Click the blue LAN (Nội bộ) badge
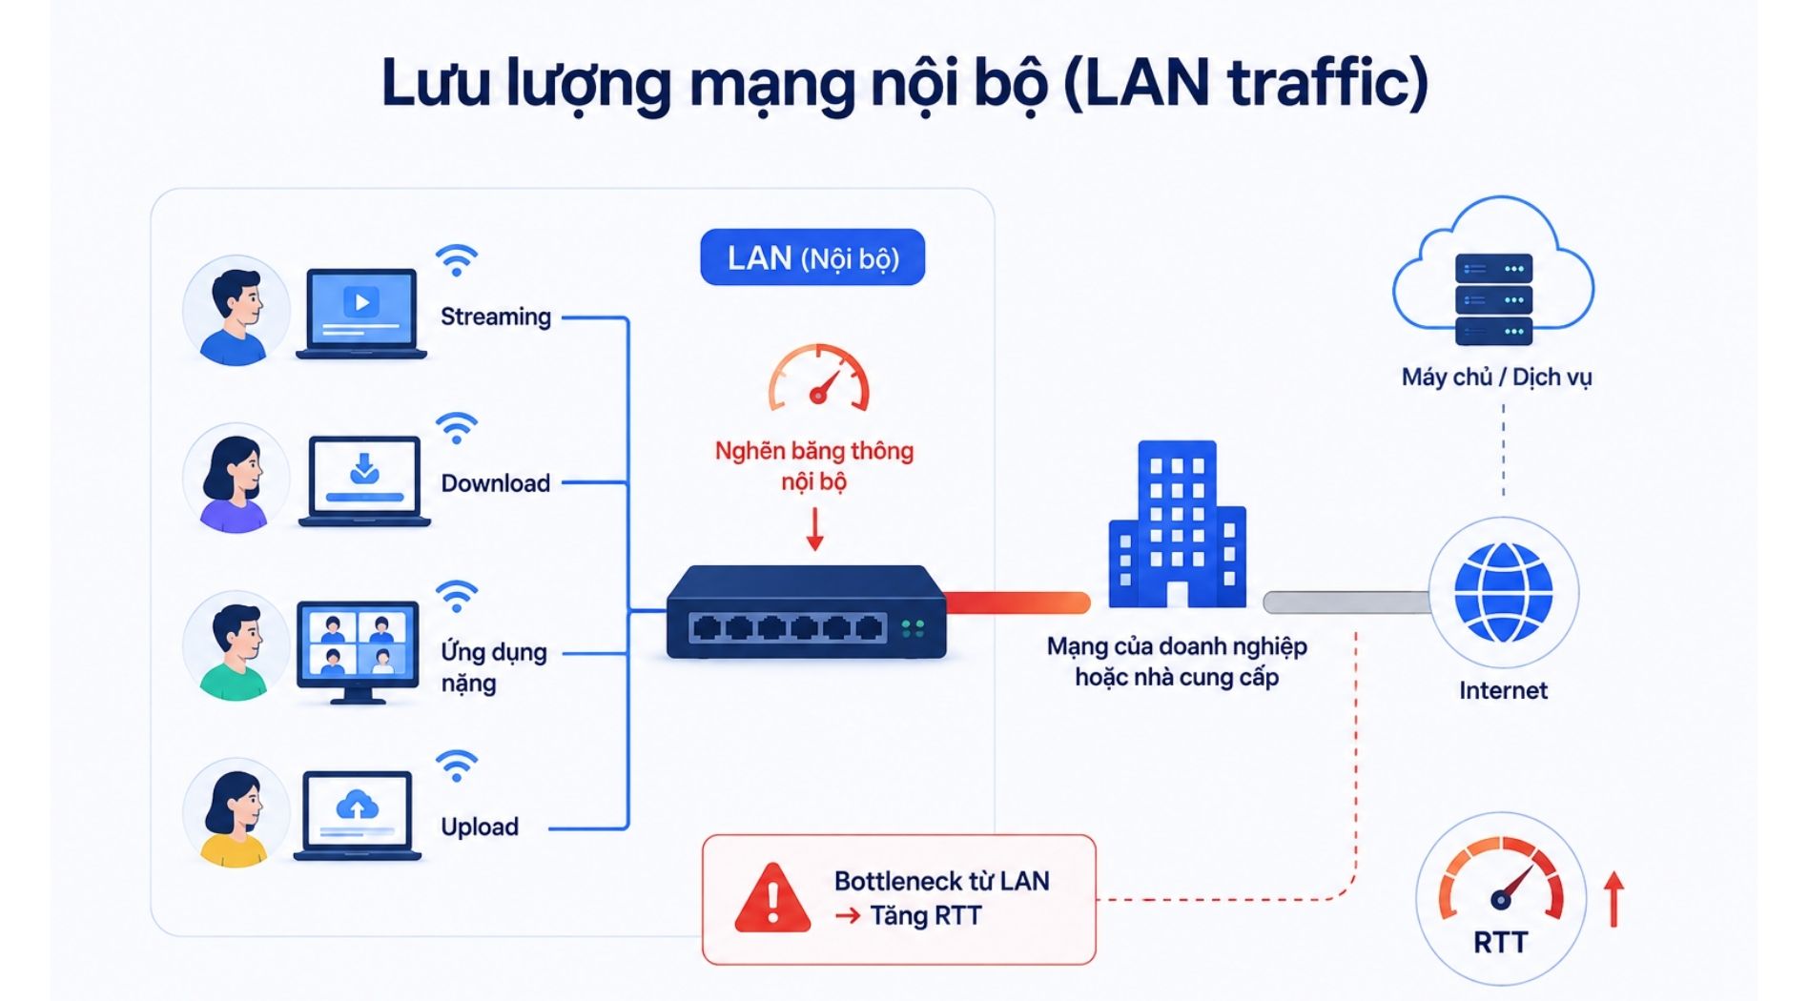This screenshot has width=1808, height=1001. (x=812, y=257)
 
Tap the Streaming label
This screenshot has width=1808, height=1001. (x=496, y=317)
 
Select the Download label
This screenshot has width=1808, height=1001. (x=496, y=483)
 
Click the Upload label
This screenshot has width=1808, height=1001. (x=480, y=827)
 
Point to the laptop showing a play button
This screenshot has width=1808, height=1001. (x=361, y=314)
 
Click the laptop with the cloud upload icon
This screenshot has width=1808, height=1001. (x=358, y=816)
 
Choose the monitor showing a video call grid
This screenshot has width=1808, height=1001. (x=358, y=652)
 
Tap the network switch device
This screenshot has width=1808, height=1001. (x=807, y=612)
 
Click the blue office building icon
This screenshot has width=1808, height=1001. (x=1178, y=524)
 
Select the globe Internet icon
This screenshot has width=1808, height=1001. (x=1503, y=592)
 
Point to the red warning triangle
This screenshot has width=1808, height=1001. (x=772, y=898)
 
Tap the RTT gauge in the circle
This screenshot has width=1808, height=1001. (x=1501, y=897)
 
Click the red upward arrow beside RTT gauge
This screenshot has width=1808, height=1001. (x=1613, y=899)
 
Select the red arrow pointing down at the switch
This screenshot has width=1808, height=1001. (x=814, y=530)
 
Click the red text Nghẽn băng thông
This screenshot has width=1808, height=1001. (x=814, y=451)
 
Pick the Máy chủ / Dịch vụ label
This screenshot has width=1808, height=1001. (x=1496, y=378)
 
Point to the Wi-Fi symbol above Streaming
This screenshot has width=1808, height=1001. (x=457, y=260)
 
